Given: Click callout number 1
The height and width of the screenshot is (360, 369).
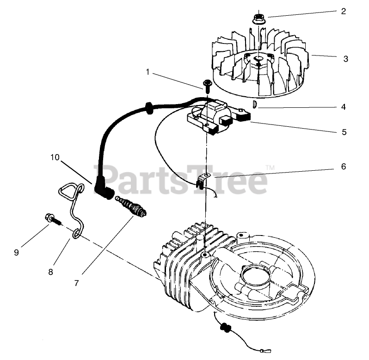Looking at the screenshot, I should pyautogui.click(x=148, y=72).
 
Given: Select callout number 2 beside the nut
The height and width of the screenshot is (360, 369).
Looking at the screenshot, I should pyautogui.click(x=343, y=11).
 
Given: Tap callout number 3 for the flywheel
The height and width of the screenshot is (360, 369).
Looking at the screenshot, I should pyautogui.click(x=345, y=59).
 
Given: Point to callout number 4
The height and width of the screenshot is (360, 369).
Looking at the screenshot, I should pyautogui.click(x=344, y=106).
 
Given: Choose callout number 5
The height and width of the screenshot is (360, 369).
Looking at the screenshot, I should pyautogui.click(x=344, y=132).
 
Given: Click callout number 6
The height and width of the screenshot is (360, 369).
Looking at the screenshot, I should pyautogui.click(x=343, y=167).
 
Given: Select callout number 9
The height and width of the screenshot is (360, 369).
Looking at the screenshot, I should pyautogui.click(x=16, y=252).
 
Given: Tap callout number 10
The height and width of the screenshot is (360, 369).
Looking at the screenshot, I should pyautogui.click(x=55, y=157).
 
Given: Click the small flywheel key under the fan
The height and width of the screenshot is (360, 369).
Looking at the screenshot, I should pyautogui.click(x=254, y=105).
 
